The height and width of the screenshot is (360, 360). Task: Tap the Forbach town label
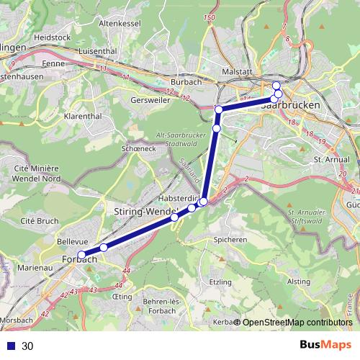(79, 259)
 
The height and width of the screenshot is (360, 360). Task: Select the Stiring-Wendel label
(145, 211)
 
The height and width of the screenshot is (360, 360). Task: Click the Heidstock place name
(52, 36)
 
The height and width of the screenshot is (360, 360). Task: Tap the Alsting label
(299, 282)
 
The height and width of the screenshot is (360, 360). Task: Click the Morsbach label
(16, 319)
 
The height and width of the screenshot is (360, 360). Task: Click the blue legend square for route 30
(11, 346)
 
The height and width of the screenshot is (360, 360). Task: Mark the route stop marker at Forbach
(82, 254)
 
